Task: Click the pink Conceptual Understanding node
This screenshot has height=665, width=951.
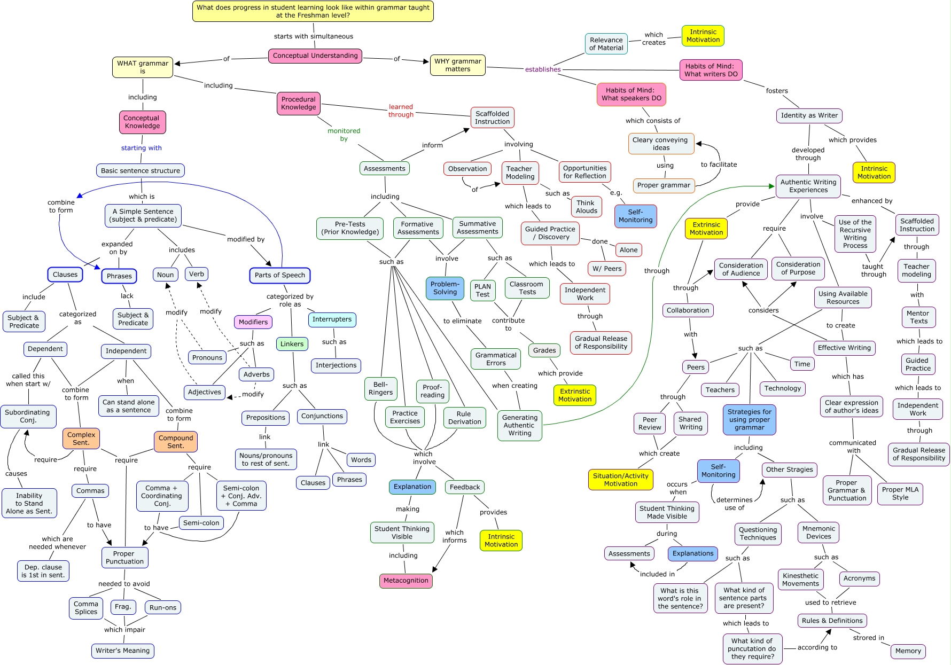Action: [315, 56]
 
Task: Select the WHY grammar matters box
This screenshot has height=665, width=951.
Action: [458, 65]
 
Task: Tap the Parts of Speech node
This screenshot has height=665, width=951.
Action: [279, 275]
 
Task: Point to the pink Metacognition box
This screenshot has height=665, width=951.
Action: [406, 581]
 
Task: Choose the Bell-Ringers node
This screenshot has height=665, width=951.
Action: [380, 388]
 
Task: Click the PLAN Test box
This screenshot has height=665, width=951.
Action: [482, 290]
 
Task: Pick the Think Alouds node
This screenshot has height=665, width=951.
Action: [586, 207]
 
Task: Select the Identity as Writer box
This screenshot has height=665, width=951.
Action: [809, 115]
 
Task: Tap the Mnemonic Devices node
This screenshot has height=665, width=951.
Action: [819, 533]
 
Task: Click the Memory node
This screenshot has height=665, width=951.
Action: [908, 651]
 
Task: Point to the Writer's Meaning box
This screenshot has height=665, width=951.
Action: [122, 651]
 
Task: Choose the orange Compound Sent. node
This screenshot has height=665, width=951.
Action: [176, 442]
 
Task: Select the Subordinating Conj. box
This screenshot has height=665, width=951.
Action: [28, 416]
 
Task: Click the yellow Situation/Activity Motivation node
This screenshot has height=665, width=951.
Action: [620, 480]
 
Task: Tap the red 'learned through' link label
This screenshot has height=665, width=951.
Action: [401, 111]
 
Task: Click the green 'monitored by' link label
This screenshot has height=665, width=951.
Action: [344, 135]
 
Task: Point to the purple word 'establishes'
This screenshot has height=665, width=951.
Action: [543, 69]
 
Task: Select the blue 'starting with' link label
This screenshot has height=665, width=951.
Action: [141, 148]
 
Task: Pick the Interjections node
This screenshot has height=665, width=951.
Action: [336, 365]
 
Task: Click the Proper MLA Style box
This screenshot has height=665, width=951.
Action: [900, 493]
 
